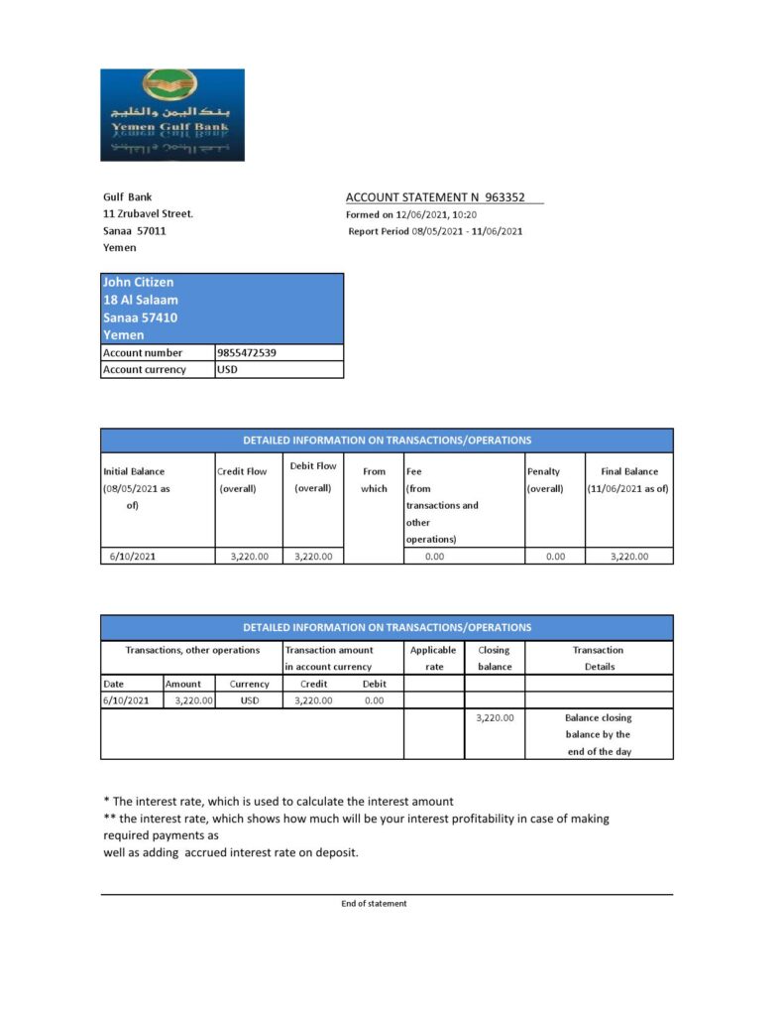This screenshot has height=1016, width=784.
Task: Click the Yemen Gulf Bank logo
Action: pos(171,114)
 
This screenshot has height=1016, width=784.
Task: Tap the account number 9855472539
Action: pos(246,352)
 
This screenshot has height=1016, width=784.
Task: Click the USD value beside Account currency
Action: pos(228,369)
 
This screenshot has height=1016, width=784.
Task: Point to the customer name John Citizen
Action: pos(138,283)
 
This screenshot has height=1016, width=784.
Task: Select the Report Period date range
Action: pos(467,231)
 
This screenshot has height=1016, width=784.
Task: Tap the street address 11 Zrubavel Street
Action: pos(148,213)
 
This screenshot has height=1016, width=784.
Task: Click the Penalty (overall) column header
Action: pos(544,479)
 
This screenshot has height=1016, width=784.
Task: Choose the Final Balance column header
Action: pos(629,479)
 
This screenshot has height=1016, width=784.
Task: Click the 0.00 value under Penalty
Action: pos(556,557)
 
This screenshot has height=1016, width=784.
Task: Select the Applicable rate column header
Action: pos(434,658)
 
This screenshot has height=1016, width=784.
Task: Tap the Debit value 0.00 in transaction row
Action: pos(374,700)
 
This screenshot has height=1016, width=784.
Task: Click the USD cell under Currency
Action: pos(249,700)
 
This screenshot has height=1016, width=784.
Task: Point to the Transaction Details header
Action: pos(599,658)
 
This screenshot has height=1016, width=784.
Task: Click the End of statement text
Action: pos(374,904)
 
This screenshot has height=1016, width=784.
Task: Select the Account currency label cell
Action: pos(145,369)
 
